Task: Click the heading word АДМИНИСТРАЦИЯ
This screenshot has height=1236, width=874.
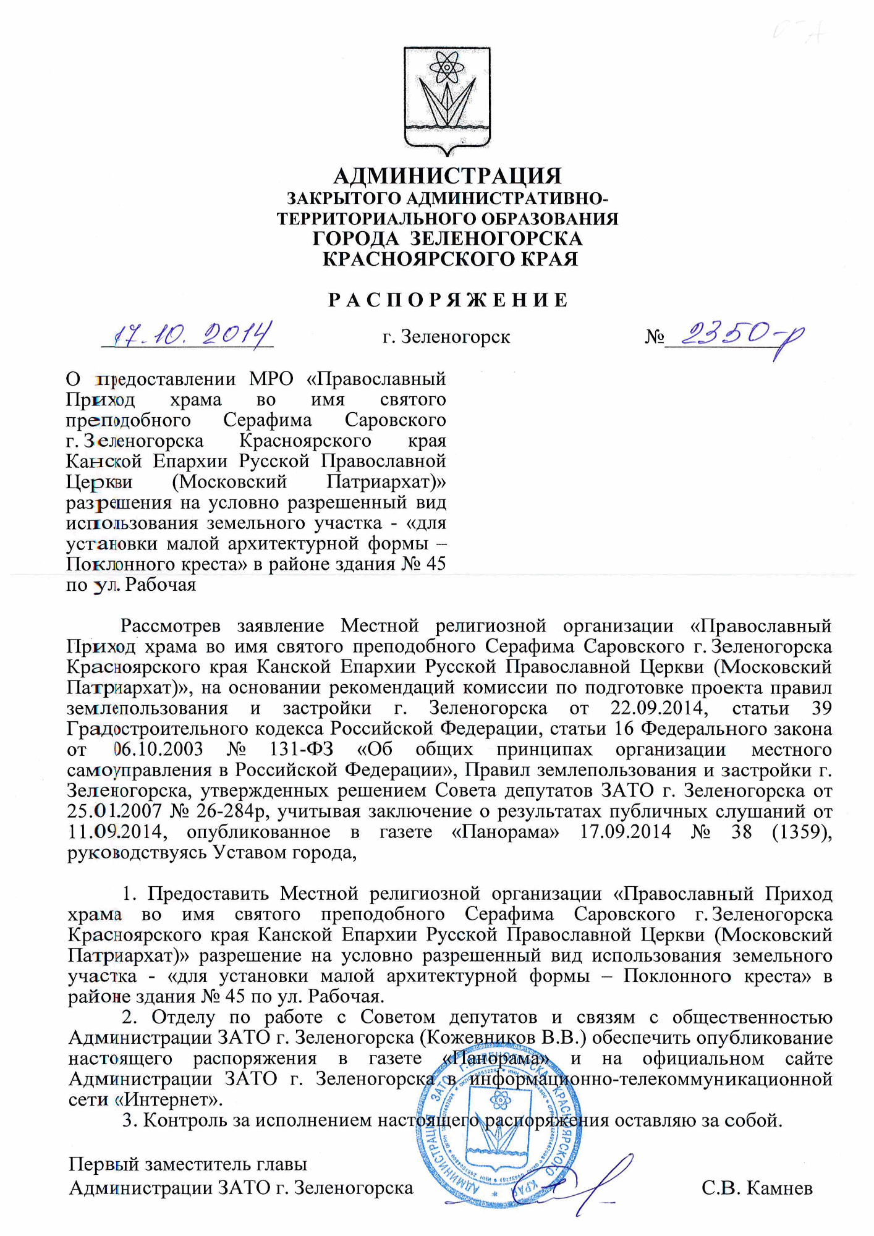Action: tap(447, 177)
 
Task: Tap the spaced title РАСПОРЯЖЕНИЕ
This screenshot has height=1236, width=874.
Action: tap(447, 301)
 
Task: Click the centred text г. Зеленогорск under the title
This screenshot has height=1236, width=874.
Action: tap(446, 337)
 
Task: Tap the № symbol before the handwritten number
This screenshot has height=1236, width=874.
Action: tap(655, 337)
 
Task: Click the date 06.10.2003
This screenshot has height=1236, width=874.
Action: tap(159, 750)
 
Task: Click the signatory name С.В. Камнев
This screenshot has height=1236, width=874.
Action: tap(757, 1188)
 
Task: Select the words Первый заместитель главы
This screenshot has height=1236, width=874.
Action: tap(187, 1164)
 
